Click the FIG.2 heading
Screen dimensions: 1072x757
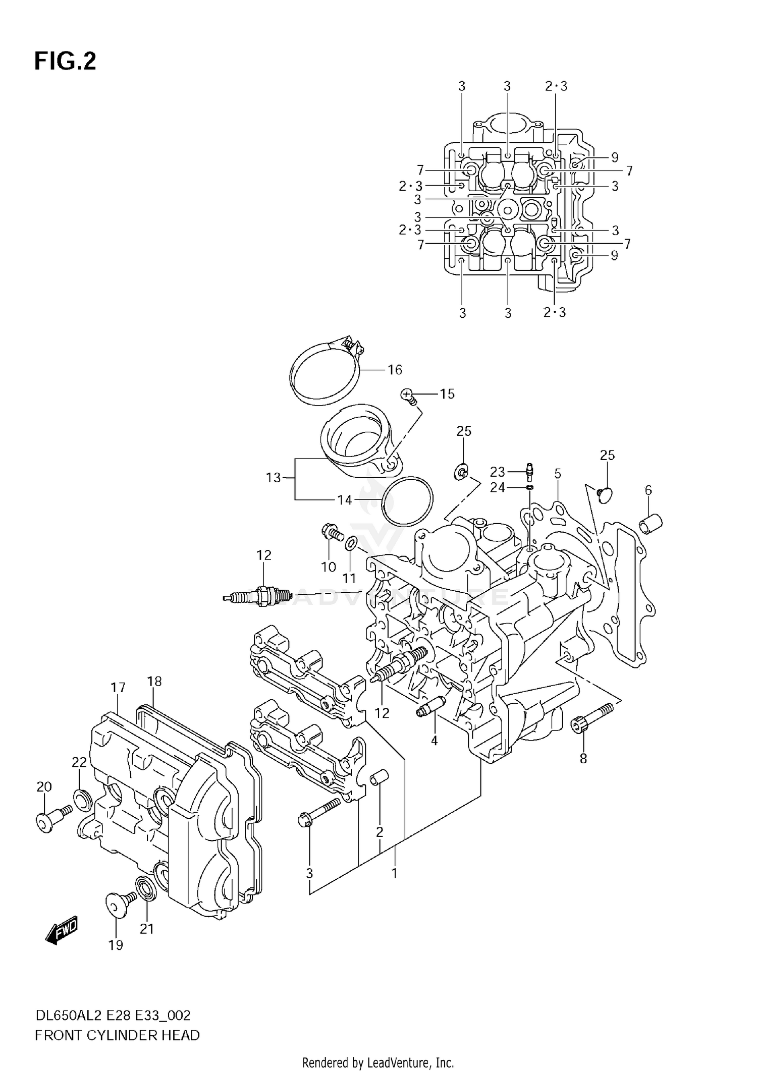65,61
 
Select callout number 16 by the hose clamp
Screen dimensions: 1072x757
395,370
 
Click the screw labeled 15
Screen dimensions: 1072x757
409,396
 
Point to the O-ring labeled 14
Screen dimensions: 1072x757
407,500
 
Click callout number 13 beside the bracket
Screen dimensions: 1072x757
273,477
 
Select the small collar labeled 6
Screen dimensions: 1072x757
651,525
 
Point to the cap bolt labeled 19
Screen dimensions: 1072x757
117,904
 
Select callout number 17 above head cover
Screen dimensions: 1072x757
118,687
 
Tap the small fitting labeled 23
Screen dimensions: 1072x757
529,470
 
